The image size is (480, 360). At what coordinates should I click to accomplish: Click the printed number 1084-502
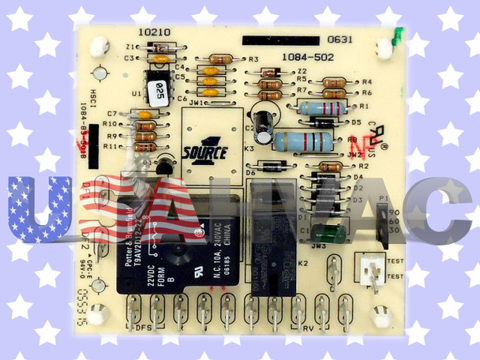tap(307, 58)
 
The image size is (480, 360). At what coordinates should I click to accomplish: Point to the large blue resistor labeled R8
tap(302, 142)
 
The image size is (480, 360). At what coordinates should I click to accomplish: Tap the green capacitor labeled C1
tap(324, 233)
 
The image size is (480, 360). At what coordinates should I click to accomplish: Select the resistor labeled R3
tap(219, 58)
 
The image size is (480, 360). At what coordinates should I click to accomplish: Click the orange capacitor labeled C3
tap(160, 58)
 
